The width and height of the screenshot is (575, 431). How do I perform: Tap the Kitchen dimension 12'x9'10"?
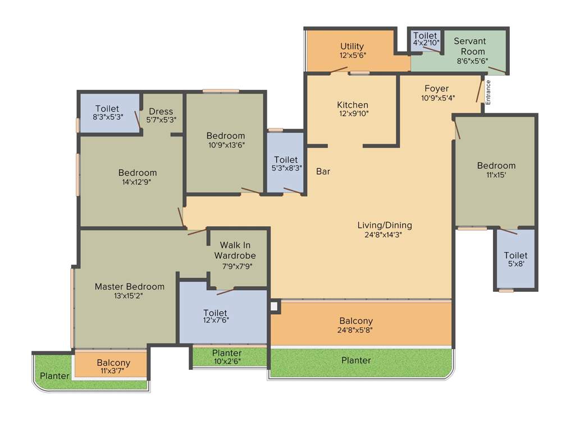click(x=353, y=114)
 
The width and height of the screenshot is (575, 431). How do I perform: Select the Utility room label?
click(x=352, y=46)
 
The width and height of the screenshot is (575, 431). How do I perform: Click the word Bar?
click(x=323, y=172)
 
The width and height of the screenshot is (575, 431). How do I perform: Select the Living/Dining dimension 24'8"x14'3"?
click(x=385, y=235)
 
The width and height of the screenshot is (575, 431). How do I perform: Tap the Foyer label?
click(x=436, y=89)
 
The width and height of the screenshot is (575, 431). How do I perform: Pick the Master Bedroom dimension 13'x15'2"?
click(x=129, y=296)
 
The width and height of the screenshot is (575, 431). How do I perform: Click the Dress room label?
click(x=161, y=111)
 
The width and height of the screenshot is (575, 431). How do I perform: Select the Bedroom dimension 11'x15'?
click(x=496, y=175)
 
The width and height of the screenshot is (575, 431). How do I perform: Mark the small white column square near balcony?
click(x=274, y=306)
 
